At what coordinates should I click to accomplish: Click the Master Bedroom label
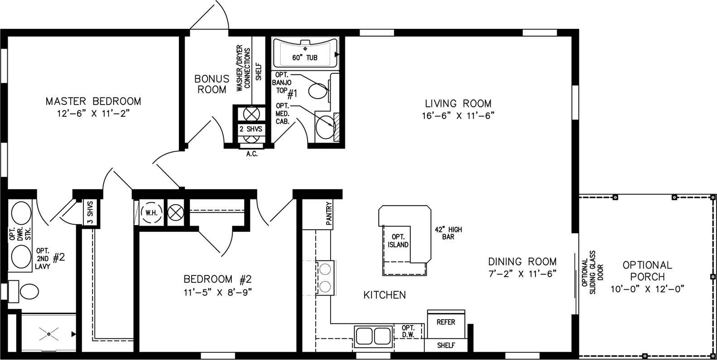click(93, 101)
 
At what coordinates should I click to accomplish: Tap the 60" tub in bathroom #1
click(305, 53)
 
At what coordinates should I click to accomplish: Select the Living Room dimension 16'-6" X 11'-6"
click(458, 115)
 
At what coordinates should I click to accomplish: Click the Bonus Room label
click(212, 84)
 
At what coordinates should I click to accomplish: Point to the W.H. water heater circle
click(152, 212)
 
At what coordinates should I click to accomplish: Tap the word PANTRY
click(329, 213)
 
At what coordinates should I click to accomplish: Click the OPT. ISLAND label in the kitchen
click(398, 240)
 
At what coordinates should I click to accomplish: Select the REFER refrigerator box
click(446, 324)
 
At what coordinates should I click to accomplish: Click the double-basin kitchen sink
click(373, 336)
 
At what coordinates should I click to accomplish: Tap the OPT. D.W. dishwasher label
click(408, 331)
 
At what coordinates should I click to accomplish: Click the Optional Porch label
click(647, 271)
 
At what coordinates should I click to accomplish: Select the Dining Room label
click(522, 261)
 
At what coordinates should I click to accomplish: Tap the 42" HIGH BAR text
click(448, 233)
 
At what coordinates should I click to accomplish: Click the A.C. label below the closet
click(252, 154)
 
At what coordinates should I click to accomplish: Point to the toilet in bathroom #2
click(24, 291)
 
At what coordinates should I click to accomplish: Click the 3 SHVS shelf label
click(90, 212)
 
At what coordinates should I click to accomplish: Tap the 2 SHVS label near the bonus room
click(251, 129)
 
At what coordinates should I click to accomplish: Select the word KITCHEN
click(385, 295)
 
